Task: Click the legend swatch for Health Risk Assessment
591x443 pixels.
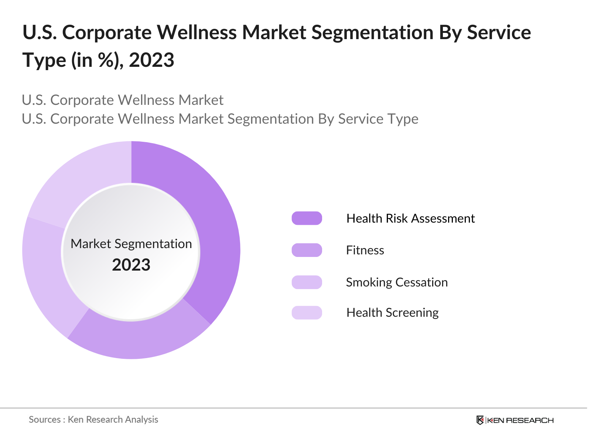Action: coord(307,218)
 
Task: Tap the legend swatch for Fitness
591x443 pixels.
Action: coord(307,250)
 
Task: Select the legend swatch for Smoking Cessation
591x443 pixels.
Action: coord(307,282)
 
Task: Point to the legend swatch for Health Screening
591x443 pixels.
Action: coord(307,313)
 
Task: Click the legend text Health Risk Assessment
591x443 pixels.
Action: coord(410,219)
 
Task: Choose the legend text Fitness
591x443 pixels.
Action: coord(365,250)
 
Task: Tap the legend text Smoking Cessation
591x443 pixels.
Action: coord(397,282)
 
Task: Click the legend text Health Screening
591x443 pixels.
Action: coord(392,313)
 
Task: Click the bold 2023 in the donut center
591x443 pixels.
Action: coord(131,265)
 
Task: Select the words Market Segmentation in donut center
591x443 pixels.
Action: coord(131,244)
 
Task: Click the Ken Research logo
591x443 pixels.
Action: coord(515,420)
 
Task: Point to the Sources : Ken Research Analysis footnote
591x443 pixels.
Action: coord(93,420)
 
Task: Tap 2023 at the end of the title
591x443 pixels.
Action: coord(151,60)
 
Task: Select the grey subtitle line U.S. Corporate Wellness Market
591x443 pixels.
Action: coord(123,100)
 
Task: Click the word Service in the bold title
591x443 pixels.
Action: coord(499,32)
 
